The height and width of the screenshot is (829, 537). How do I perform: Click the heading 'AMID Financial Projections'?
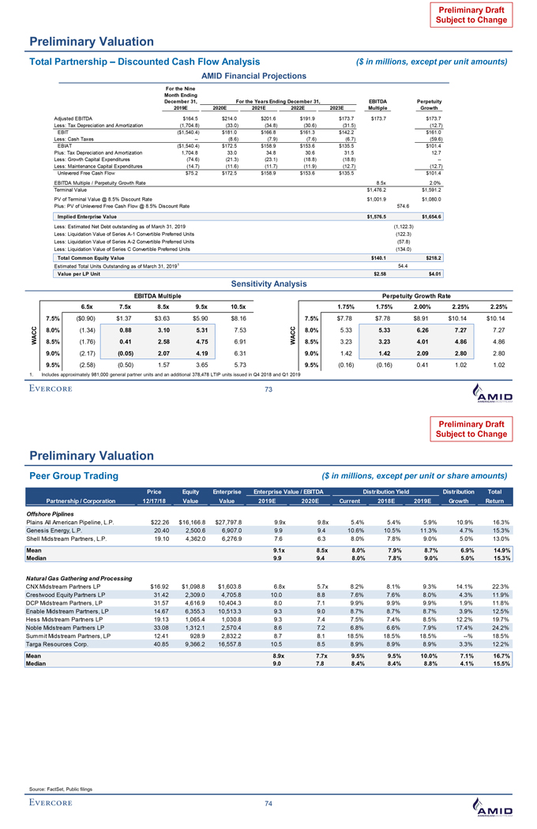click(268, 75)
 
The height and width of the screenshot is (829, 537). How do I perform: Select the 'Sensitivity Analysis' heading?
click(268, 280)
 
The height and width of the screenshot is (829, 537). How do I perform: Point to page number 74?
click(268, 805)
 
